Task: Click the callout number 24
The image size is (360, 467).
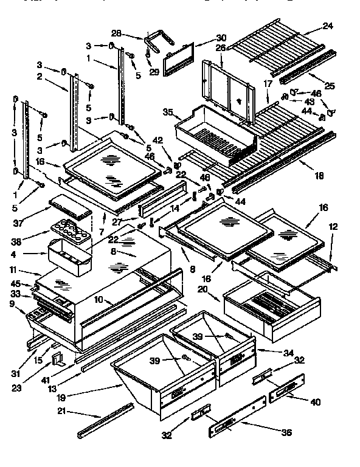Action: tap(328, 26)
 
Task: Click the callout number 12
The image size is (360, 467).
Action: tap(331, 226)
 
